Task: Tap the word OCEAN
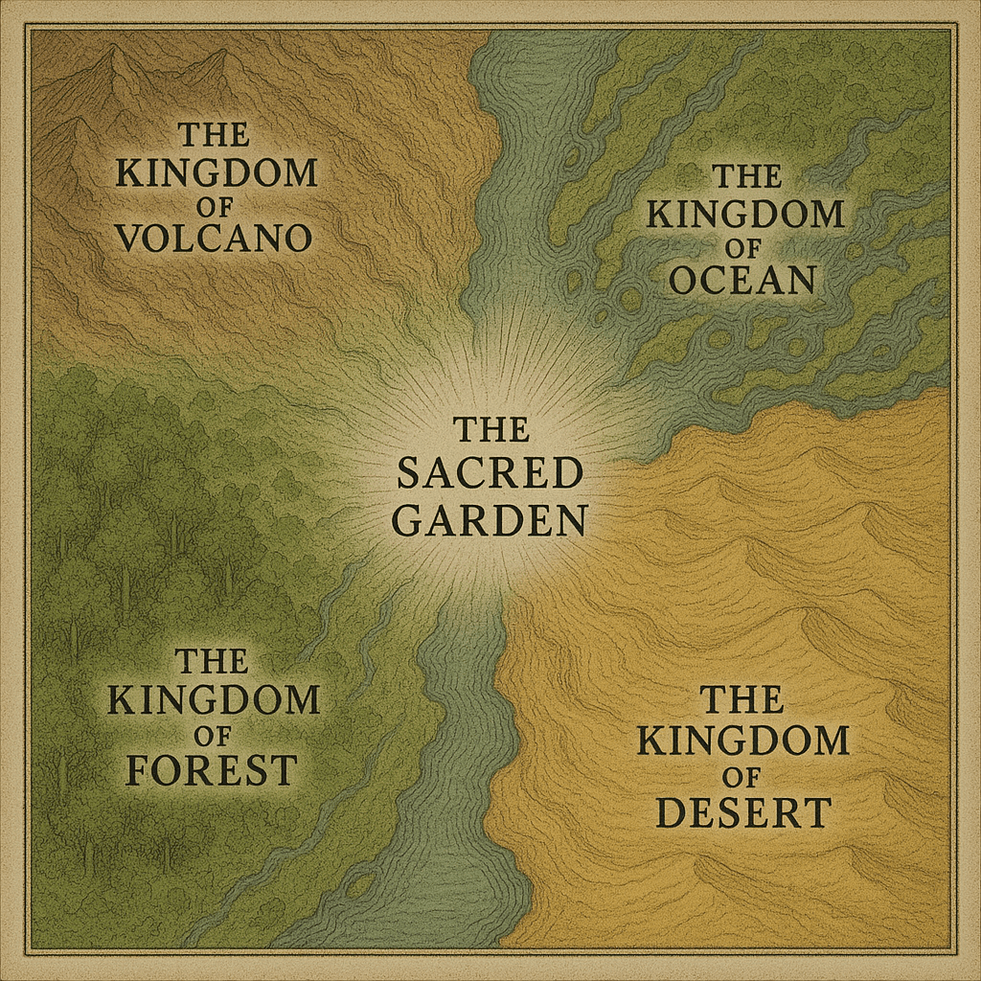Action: tap(742, 279)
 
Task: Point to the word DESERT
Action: tap(742, 811)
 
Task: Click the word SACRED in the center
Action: tap(490, 473)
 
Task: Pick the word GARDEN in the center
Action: tap(490, 520)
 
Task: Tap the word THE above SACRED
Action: tap(490, 428)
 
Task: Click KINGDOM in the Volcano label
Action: tap(216, 172)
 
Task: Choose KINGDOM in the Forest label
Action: tap(213, 700)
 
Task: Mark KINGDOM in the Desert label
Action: tap(742, 741)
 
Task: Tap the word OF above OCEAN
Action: tap(743, 246)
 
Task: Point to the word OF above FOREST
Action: tap(211, 735)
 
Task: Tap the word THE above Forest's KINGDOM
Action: tap(212, 661)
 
